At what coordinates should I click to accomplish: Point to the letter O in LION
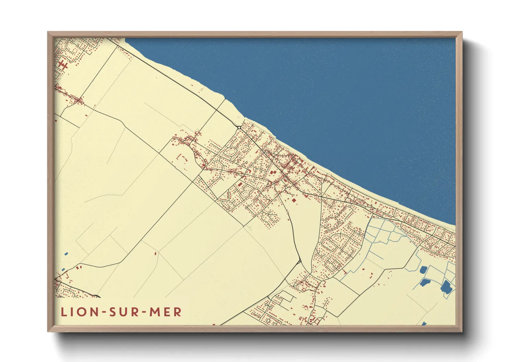pyautogui.click(x=80, y=312)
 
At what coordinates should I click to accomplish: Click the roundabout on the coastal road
pyautogui.click(x=239, y=128)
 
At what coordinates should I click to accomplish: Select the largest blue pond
pyautogui.click(x=446, y=287)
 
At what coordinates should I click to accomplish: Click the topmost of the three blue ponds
pyautogui.click(x=423, y=270)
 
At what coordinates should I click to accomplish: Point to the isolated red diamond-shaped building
pyautogui.click(x=294, y=200)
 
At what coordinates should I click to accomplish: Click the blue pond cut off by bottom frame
pyautogui.click(x=424, y=323)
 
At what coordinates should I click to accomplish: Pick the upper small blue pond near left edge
pyautogui.click(x=66, y=254)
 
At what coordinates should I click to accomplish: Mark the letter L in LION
pyautogui.click(x=64, y=312)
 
